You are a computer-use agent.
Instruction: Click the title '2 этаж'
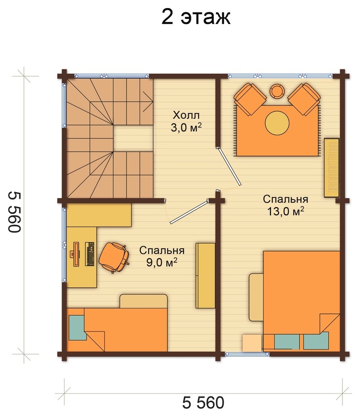(196, 18)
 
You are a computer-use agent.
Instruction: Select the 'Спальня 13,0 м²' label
(285, 205)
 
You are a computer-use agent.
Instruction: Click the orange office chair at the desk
(114, 257)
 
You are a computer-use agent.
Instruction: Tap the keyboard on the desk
(90, 254)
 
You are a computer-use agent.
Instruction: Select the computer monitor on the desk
(75, 254)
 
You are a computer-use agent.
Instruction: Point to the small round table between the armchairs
(277, 91)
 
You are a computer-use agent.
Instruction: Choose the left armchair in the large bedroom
(250, 99)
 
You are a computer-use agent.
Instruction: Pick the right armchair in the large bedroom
(304, 99)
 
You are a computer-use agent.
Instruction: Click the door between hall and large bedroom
(229, 166)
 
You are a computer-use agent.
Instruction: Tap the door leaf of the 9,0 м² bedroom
(189, 212)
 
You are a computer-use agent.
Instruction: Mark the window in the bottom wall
(247, 354)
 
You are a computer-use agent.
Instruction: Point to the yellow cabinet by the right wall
(331, 168)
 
